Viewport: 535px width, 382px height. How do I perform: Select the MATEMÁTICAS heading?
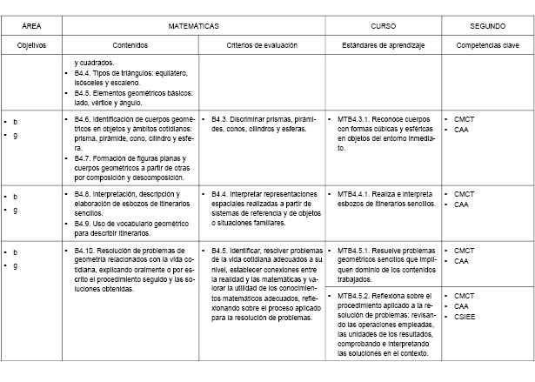[x=193, y=27]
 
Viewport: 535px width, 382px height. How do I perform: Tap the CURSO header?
[x=383, y=27]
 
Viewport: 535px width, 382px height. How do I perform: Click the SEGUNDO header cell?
[x=488, y=27]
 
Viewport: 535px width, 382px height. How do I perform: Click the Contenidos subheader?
[x=130, y=44]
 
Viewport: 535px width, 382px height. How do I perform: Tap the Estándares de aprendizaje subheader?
[x=383, y=44]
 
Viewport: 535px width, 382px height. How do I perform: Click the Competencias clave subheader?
[x=488, y=44]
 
